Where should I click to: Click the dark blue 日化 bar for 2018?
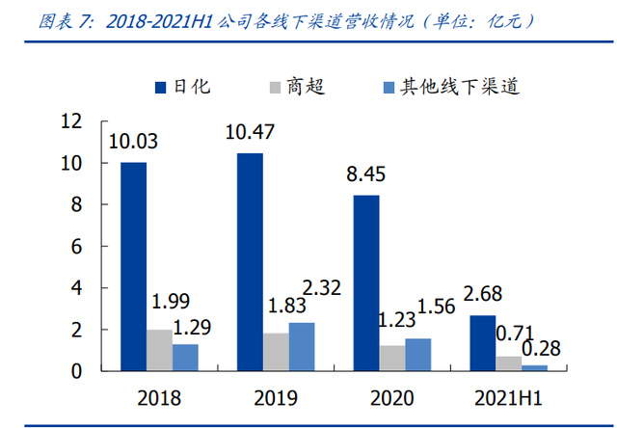click(x=133, y=266)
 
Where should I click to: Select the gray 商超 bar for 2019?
click(x=275, y=352)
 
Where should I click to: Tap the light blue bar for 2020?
click(x=418, y=355)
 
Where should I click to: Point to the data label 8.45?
click(x=366, y=174)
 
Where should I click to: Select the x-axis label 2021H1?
click(x=509, y=395)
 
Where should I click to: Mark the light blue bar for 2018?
click(x=185, y=358)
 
